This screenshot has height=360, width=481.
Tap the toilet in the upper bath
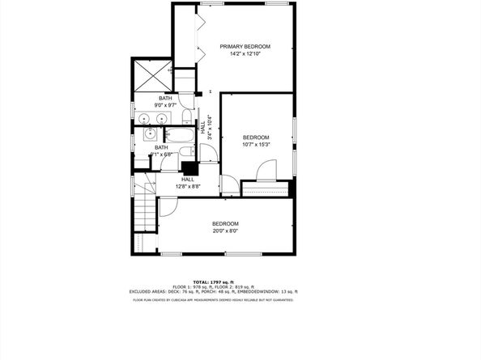pyautogui.click(x=186, y=116)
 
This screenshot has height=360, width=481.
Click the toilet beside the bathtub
pyautogui.click(x=185, y=152)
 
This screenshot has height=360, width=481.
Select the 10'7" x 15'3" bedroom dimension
pyautogui.click(x=256, y=146)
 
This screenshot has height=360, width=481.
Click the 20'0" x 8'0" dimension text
pyautogui.click(x=225, y=231)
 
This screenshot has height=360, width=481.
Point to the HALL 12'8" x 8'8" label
pyautogui.click(x=188, y=183)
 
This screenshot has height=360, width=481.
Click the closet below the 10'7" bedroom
pyautogui.click(x=266, y=189)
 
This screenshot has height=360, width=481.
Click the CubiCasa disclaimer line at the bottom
pyautogui.click(x=213, y=300)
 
